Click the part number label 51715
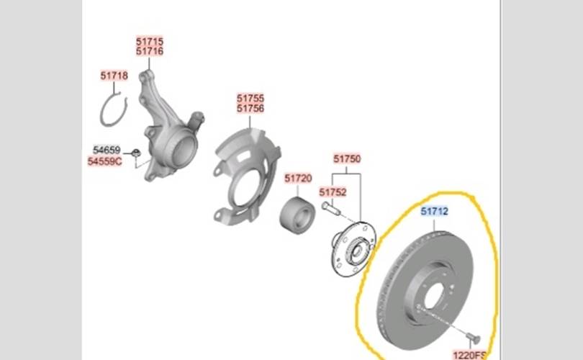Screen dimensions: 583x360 coord(150,41)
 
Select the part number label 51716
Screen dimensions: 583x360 coord(150,51)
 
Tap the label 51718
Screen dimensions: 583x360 coord(114,76)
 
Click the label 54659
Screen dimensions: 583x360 coord(107,150)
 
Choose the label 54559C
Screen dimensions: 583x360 coord(105,161)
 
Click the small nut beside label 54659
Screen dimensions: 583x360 coord(136,153)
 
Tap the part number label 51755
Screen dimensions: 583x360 coord(250,99)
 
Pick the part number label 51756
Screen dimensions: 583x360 coord(250,108)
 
